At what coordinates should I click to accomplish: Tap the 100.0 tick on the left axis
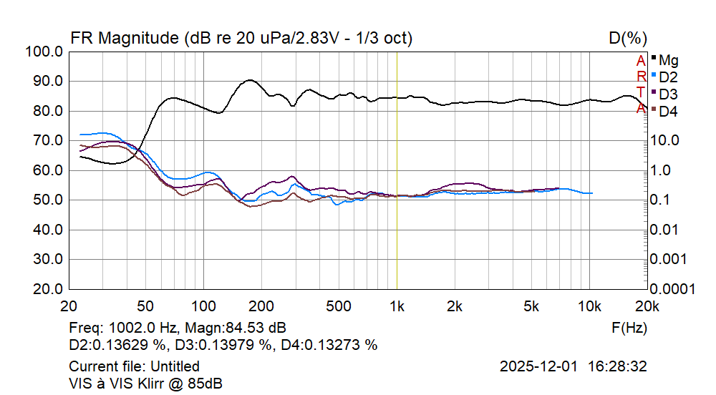pos(43,52)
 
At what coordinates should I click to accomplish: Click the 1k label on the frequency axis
pos(397,306)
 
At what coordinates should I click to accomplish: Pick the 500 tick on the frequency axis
pos(339,306)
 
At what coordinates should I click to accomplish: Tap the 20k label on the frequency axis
pos(647,306)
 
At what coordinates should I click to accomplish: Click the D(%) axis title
pos(628,38)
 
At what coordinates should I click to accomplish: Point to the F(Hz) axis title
pos(629,328)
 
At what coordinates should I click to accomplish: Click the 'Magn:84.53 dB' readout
pos(236,328)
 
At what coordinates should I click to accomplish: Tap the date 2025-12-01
pos(538,367)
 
